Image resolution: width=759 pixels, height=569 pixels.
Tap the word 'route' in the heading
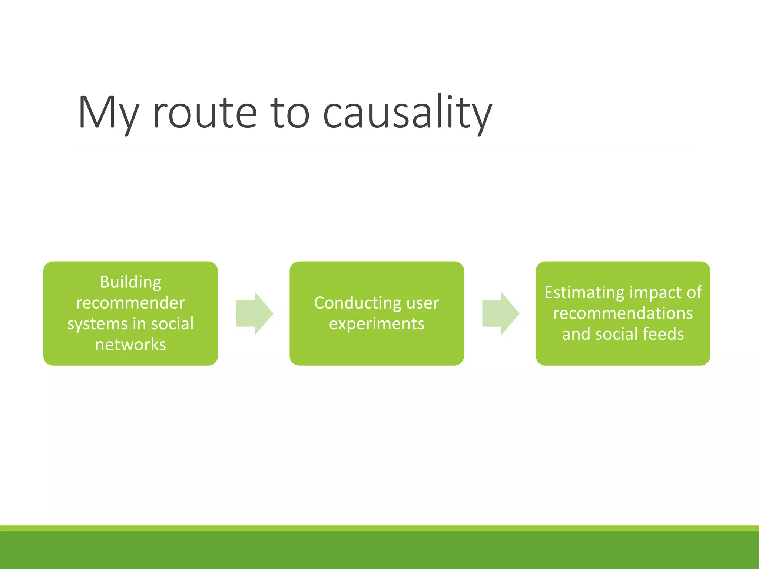pyautogui.click(x=205, y=113)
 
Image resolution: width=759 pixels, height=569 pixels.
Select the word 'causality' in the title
pyautogui.click(x=407, y=113)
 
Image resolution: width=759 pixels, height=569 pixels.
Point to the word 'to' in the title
pyautogui.click(x=289, y=113)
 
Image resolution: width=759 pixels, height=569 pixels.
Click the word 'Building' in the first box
pyautogui.click(x=130, y=282)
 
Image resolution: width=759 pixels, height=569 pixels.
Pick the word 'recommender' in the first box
pyautogui.click(x=130, y=303)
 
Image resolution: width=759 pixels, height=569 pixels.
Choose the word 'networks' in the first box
pyautogui.click(x=130, y=345)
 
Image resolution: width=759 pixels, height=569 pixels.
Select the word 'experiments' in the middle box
pyautogui.click(x=377, y=324)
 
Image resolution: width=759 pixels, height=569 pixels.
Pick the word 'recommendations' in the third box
pyautogui.click(x=623, y=313)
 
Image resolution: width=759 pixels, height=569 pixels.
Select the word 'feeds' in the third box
pyautogui.click(x=663, y=334)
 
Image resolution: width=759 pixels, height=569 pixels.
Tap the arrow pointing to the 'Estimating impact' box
pyautogui.click(x=500, y=313)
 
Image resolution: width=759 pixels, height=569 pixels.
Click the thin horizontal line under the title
pyautogui.click(x=384, y=144)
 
